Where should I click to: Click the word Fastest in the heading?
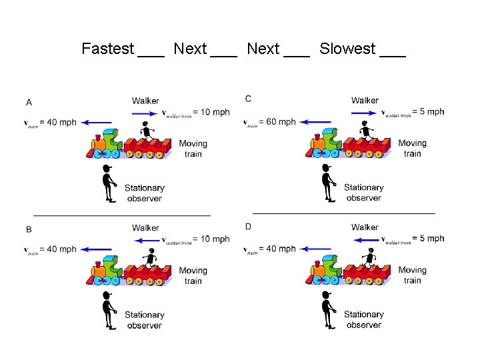click(x=107, y=49)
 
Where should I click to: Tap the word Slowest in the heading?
click(x=347, y=49)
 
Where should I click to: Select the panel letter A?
click(x=29, y=102)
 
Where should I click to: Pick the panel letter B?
click(x=29, y=229)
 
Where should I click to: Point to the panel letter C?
click(x=248, y=99)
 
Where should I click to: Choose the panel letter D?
click(x=248, y=226)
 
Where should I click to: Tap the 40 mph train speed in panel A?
click(x=58, y=122)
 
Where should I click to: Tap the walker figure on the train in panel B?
click(x=151, y=258)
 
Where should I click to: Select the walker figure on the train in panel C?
click(x=367, y=131)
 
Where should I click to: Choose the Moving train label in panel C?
click(x=412, y=148)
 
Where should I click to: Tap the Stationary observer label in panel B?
click(x=144, y=320)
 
